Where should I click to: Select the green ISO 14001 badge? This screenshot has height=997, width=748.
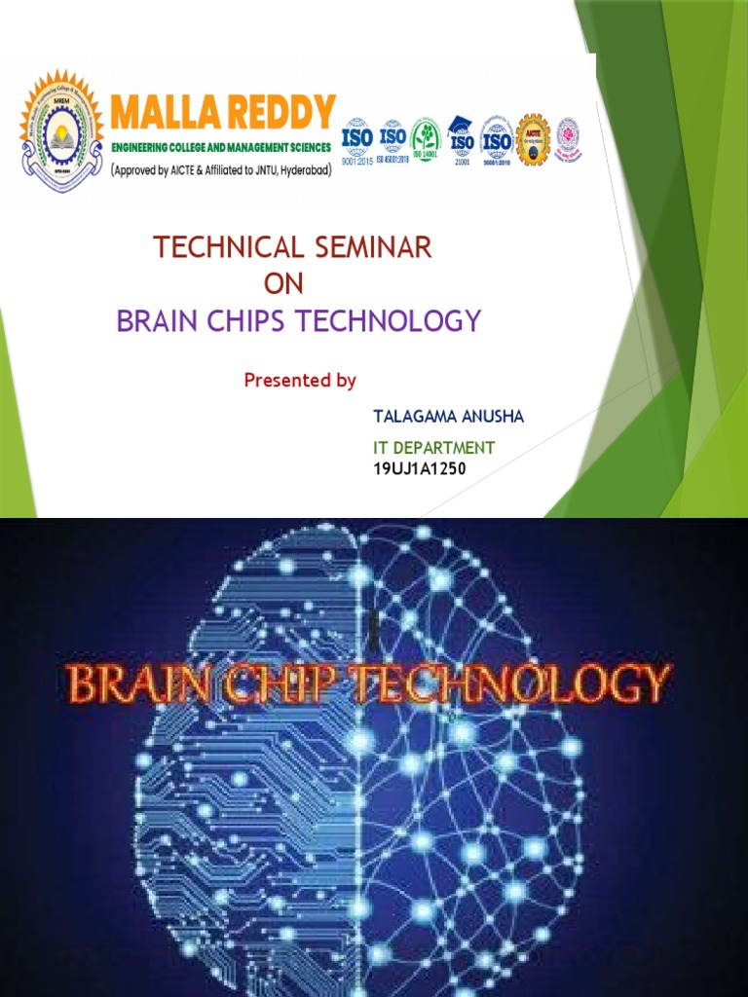pyautogui.click(x=426, y=141)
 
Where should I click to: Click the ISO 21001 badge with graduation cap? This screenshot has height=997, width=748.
pyautogui.click(x=462, y=141)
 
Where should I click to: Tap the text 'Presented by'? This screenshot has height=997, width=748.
pyautogui.click(x=300, y=381)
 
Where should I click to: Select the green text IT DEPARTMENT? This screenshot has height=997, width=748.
pyautogui.click(x=434, y=448)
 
